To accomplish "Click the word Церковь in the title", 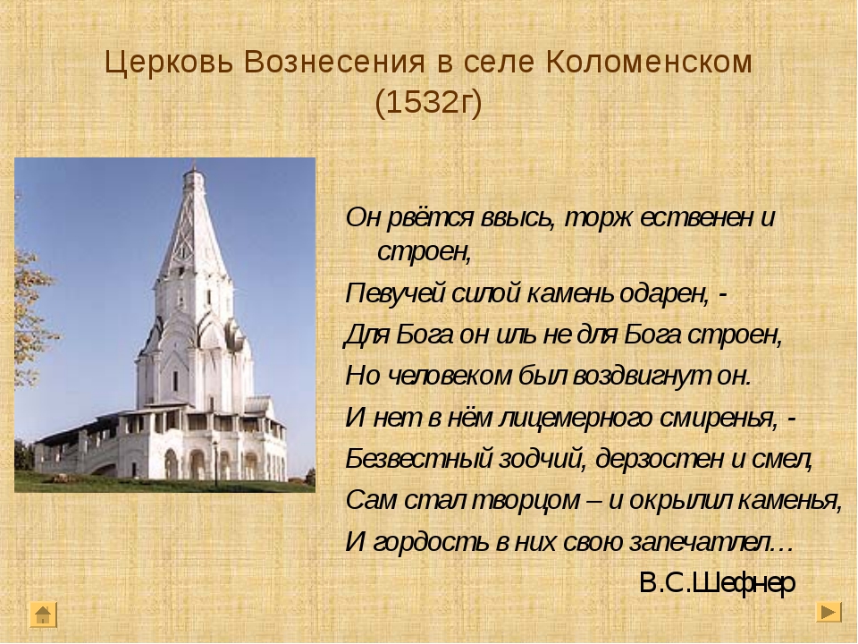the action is coord(170,63).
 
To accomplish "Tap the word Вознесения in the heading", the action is coord(333,62).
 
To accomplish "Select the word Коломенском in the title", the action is coord(649,62).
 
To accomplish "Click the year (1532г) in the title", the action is coord(428,102).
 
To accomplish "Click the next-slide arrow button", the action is coord(829,612).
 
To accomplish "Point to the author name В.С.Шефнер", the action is coord(717,582).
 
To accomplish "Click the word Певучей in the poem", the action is coord(395,294).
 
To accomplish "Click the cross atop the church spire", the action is coord(193,165).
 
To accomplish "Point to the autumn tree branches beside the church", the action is coord(34,307).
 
